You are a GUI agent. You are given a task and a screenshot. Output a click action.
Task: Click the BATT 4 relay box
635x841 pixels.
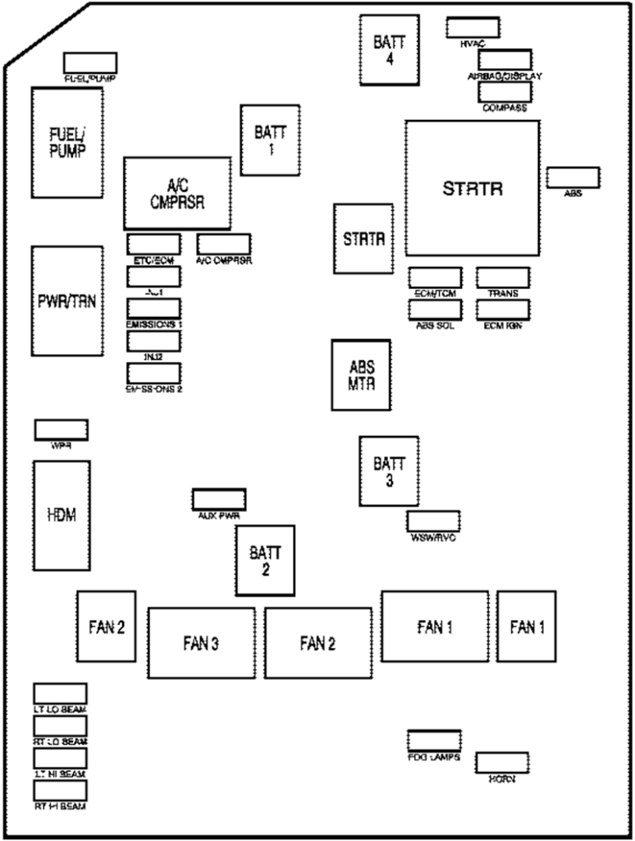coord(389,49)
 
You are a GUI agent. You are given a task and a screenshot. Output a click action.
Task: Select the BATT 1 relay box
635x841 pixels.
coord(270,140)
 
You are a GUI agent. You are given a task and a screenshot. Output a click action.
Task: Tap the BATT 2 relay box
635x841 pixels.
coord(265,560)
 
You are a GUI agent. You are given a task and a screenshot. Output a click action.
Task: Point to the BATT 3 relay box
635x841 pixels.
coord(389,471)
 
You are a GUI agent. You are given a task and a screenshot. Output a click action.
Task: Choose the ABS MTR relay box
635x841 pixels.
coord(361,375)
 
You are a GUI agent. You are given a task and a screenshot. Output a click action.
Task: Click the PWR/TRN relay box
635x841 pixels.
coord(67,301)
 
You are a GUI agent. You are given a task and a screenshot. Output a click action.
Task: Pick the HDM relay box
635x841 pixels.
coord(62,515)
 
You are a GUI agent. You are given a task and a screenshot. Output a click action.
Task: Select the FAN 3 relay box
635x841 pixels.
coord(201,643)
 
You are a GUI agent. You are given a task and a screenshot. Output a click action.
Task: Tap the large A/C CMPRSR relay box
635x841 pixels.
coord(177,193)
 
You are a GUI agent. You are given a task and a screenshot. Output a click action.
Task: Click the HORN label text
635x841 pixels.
coord(501,778)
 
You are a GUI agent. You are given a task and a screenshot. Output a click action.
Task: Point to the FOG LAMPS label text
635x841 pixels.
coord(434,757)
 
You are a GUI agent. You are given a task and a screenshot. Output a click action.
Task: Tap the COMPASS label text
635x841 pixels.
coord(505,108)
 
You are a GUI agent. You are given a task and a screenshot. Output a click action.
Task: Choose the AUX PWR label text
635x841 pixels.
coord(218,516)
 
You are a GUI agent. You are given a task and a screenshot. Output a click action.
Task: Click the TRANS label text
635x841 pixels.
coord(502,293)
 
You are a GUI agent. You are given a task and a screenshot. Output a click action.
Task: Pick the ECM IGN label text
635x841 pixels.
coord(502,325)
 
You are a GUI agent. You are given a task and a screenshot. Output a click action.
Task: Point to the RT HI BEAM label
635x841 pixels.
coord(60,807)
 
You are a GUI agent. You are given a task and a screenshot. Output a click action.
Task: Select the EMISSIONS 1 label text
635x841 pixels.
coord(153,324)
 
